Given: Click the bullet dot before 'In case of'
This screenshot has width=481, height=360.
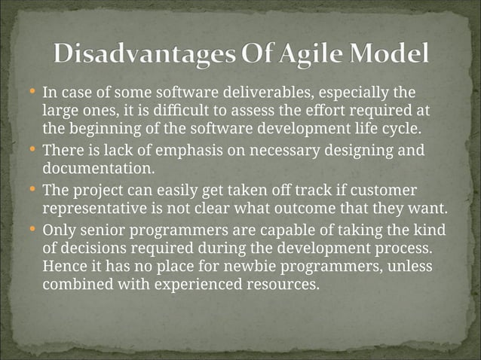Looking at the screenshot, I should (32, 91).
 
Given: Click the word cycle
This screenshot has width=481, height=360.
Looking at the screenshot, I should (403, 129).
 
